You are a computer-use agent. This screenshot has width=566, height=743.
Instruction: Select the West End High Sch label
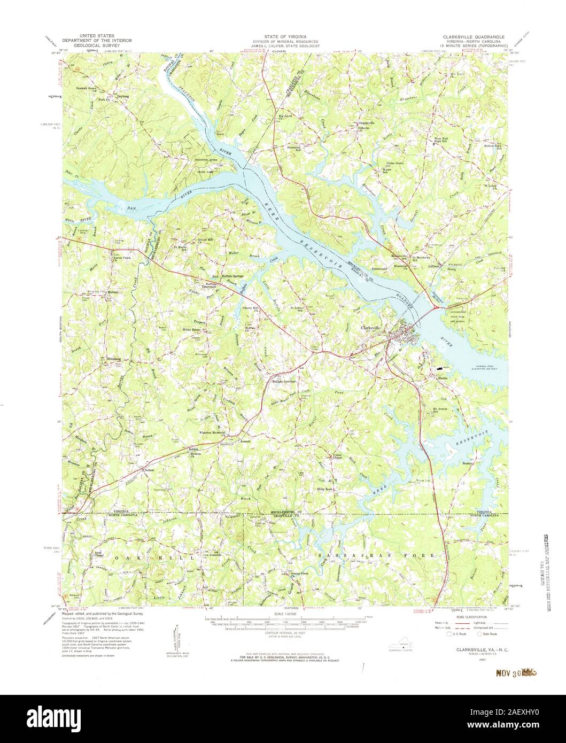pyautogui.click(x=441, y=140)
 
